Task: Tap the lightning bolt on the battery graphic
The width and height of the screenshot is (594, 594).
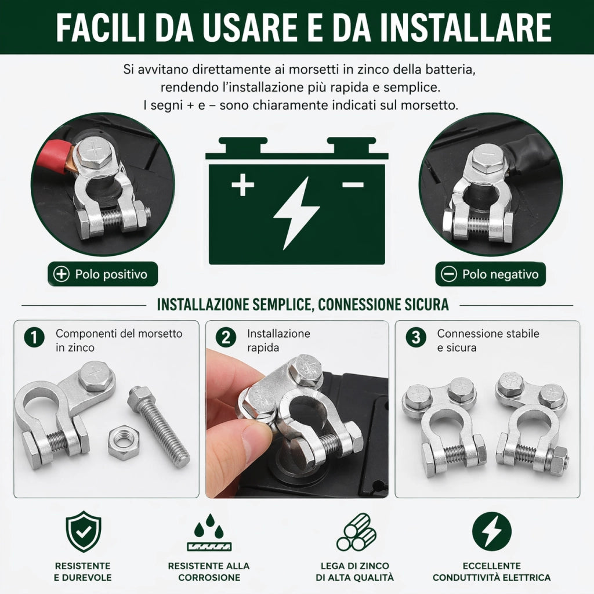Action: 296,213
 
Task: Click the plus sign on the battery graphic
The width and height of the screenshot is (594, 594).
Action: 243,184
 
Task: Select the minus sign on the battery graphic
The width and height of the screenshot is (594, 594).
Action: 353,184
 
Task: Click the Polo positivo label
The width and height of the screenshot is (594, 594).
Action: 103,274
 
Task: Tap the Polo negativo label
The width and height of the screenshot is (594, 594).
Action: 491,274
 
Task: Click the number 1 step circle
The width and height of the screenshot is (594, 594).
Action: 34,337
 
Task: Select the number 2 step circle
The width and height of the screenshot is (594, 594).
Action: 226,337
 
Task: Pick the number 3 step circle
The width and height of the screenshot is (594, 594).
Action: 416,337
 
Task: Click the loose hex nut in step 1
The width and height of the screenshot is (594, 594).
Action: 123,443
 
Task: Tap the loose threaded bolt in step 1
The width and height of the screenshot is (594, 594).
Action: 158,426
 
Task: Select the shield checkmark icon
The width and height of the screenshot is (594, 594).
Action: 84,531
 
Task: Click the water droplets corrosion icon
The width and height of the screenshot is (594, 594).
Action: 209,533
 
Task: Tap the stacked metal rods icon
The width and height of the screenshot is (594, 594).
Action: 356,533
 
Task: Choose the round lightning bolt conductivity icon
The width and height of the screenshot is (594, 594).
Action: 492,531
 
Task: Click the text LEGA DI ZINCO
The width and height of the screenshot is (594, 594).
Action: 355,566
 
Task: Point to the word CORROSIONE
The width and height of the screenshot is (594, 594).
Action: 209,577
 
